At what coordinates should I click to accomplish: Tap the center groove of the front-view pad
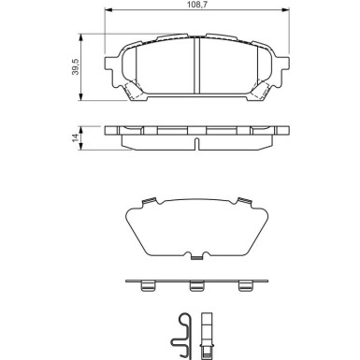(x=194, y=70)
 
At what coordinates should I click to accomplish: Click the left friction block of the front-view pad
(x=161, y=70)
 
